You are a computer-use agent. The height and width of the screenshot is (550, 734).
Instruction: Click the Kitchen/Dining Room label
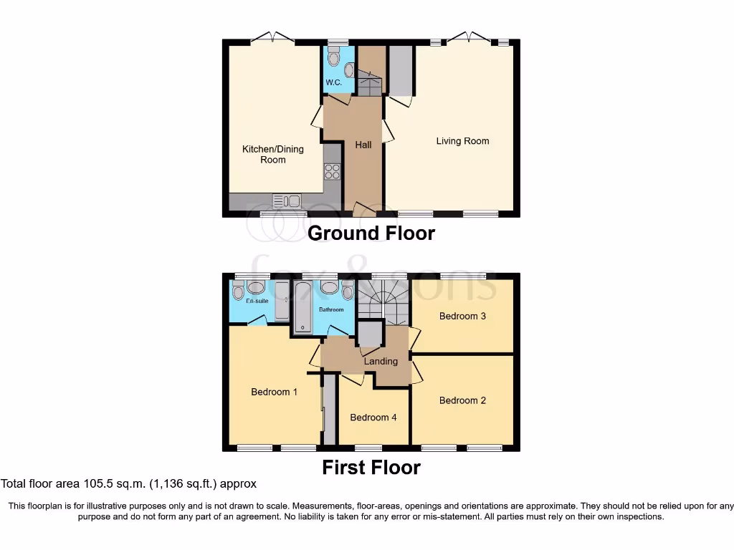tap(272, 154)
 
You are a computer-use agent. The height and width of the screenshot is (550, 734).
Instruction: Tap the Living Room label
tap(462, 141)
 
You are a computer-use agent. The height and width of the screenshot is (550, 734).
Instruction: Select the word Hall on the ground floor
tap(363, 145)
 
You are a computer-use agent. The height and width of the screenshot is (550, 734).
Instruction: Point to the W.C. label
tap(333, 82)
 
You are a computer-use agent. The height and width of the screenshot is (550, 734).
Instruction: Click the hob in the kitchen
tap(332, 171)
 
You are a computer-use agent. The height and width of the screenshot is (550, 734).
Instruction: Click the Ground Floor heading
tap(371, 233)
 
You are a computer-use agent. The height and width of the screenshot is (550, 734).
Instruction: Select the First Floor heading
tap(371, 468)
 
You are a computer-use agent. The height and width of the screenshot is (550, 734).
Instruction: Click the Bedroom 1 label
tap(275, 392)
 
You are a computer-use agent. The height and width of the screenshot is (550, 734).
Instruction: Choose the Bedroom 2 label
tap(462, 400)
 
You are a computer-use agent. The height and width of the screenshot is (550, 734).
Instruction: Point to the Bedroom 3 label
tap(462, 316)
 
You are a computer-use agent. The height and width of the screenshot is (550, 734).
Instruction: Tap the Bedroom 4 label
tap(373, 418)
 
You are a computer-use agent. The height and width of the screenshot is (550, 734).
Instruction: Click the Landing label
tap(381, 362)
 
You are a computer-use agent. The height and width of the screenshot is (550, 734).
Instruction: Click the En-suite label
tap(257, 301)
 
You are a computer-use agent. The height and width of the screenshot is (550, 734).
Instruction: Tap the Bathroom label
tap(332, 310)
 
